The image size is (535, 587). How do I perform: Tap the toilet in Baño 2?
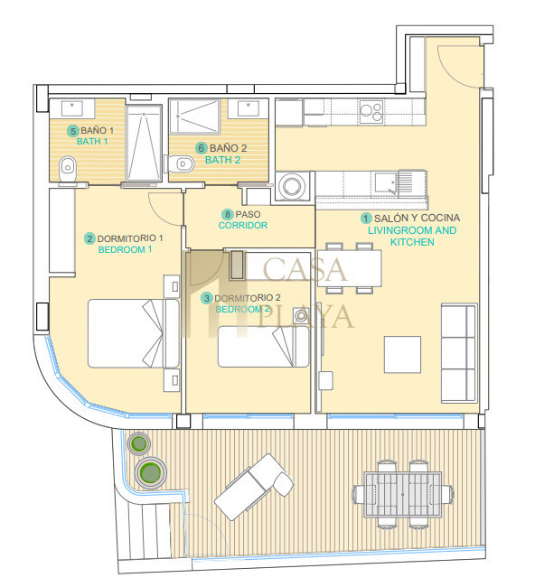pos(182,164)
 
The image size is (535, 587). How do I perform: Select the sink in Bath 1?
pos(72,108)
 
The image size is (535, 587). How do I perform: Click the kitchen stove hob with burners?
pos(371,112)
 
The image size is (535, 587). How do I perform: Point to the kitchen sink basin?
pos(386,182)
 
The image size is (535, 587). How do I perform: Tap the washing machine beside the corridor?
pos(292,186)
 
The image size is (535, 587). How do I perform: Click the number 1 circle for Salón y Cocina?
pos(366,219)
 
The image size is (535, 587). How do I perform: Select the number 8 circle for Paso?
pos(228,215)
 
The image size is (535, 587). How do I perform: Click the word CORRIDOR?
pos(243,226)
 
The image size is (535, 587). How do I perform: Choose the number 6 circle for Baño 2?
pos(202,148)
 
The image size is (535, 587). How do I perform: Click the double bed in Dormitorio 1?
pos(134,333)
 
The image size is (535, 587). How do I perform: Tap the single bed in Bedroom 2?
pos(263,346)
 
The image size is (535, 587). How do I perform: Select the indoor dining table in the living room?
pos(349,268)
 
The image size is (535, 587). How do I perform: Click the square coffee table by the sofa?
pos(403,354)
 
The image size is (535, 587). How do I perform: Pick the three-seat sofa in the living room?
pos(459,353)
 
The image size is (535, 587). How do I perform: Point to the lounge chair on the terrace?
pos(254,487)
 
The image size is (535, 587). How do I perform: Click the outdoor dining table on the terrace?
pos(403,495)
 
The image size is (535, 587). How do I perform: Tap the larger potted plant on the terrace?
pos(150,473)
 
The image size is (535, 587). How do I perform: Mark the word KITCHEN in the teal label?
pos(412,242)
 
